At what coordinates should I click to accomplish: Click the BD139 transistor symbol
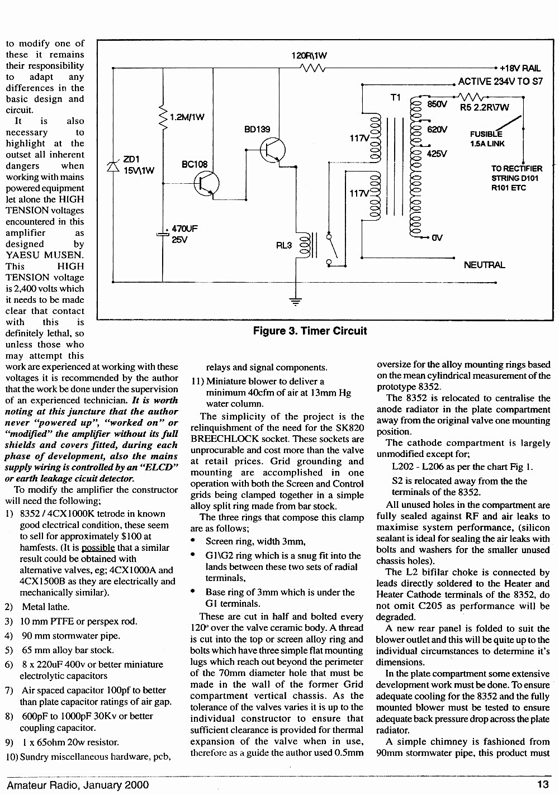click(x=272, y=150)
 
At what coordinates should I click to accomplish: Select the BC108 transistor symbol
click(x=206, y=183)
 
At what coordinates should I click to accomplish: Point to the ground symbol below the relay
click(x=296, y=301)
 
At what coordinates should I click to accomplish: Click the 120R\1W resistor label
click(x=309, y=56)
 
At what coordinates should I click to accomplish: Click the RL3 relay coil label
click(x=284, y=245)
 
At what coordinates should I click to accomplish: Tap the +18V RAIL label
click(x=520, y=68)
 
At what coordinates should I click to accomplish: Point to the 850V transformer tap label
click(x=437, y=104)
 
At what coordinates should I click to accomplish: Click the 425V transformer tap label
click(x=437, y=154)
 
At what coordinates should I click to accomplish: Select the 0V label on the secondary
click(x=437, y=238)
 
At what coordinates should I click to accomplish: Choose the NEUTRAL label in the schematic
click(x=485, y=265)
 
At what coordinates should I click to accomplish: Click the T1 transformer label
click(x=395, y=97)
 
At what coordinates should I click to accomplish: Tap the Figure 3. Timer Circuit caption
click(x=310, y=331)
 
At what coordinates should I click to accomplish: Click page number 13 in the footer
click(x=543, y=784)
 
